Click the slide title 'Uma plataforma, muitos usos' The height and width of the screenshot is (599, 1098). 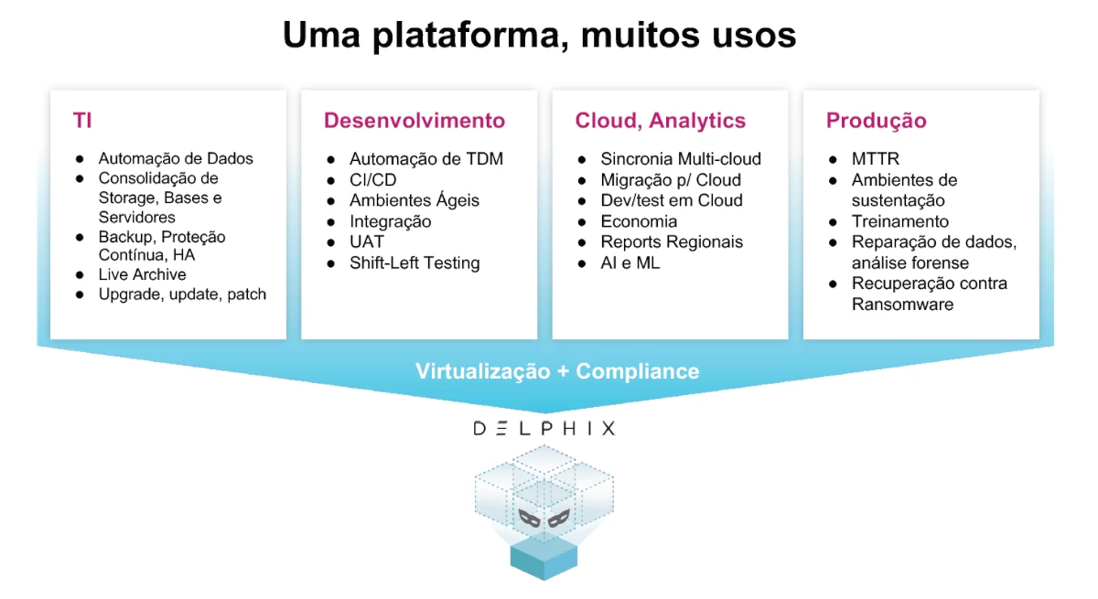tap(539, 36)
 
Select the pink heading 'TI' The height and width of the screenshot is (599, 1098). tap(82, 121)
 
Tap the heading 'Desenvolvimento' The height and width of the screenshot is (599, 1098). tap(414, 121)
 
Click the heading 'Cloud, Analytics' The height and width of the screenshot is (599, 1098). tap(660, 121)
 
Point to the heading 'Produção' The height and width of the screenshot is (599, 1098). tap(876, 121)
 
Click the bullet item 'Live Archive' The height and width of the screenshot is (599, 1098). tap(142, 274)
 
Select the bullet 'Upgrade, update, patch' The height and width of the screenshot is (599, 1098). tap(182, 294)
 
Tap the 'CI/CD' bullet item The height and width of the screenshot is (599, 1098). tap(372, 180)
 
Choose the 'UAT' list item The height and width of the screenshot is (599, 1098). tap(366, 242)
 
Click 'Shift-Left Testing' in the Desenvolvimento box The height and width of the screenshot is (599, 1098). tap(414, 263)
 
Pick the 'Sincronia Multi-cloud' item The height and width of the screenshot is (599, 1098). tap(681, 159)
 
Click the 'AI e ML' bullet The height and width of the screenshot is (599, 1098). tap(630, 263)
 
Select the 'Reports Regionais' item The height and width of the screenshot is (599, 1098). tap(672, 242)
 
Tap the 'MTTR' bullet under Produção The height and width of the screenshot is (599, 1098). tap(876, 159)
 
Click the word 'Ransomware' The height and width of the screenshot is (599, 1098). tap(902, 305)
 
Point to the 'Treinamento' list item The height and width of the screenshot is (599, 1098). tap(900, 221)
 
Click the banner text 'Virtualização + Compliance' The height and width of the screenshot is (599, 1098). tap(557, 371)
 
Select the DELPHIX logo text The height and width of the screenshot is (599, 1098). tap(544, 428)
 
